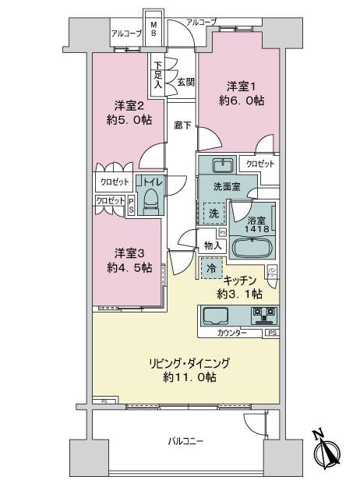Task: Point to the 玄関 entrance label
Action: pos(185,82)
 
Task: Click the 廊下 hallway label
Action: pos(182,125)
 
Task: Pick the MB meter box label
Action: pos(154,29)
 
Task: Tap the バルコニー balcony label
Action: pos(185,441)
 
